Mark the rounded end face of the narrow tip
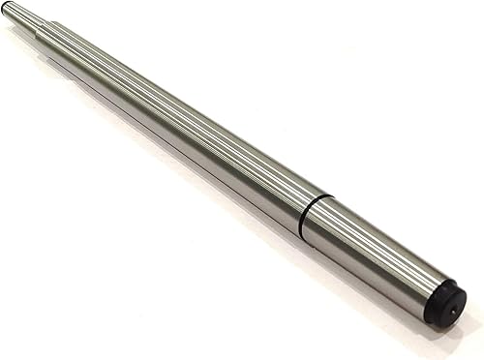6,7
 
